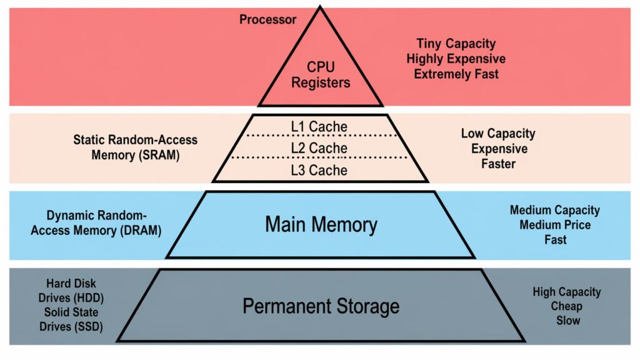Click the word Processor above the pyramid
pos(267,19)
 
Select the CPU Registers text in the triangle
pos(320,74)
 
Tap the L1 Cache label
pos(319,127)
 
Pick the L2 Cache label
pos(319,149)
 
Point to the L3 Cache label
pos(319,170)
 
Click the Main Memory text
pos(321,224)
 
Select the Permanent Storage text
pos(321,306)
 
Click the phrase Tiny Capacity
pos(456,44)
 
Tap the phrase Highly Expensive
pos(456,59)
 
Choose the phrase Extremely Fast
pos(456,74)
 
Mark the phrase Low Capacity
pos(498,134)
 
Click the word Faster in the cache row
pos(498,164)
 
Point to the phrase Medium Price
pos(555,224)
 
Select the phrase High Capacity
pos(566,292)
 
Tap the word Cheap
pos(566,306)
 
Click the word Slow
pos(566,321)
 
